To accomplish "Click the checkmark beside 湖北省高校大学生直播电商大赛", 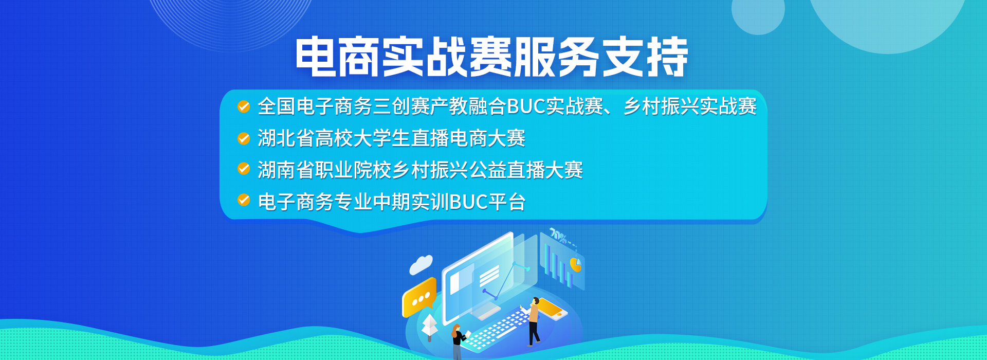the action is pyautogui.click(x=244, y=138).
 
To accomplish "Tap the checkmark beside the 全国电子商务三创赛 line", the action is pyautogui.click(x=244, y=106).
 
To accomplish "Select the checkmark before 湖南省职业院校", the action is pyautogui.click(x=244, y=169).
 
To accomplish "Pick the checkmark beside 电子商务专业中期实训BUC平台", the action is pyautogui.click(x=244, y=200).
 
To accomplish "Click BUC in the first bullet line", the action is pyautogui.click(x=526, y=106).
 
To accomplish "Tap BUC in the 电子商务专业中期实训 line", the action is pyautogui.click(x=468, y=202).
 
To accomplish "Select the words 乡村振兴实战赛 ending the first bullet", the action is pyautogui.click(x=690, y=106).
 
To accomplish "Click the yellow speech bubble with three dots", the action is pyautogui.click(x=419, y=297).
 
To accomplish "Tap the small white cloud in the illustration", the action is pyautogui.click(x=421, y=264).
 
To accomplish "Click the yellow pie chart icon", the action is pyautogui.click(x=576, y=265).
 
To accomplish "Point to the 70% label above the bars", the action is pyautogui.click(x=558, y=236).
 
